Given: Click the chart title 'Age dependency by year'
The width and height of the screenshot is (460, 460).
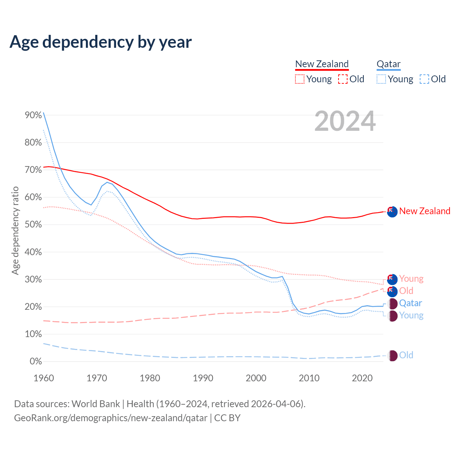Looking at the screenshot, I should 101,42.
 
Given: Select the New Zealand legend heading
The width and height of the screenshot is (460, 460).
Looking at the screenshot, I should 322,64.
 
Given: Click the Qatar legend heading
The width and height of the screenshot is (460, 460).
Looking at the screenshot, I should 388,64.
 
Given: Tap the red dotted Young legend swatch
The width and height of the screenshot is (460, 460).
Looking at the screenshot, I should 300,79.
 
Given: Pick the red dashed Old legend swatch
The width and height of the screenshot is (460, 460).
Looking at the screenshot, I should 343,79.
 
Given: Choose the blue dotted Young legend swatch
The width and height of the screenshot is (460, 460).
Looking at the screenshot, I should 381,79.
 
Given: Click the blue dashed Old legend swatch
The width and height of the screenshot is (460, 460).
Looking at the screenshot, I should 424,79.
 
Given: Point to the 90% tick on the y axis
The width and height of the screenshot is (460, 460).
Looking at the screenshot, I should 33,115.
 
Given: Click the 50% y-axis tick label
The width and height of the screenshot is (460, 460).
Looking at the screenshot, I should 33,225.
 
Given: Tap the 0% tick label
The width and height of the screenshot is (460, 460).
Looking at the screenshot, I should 36,362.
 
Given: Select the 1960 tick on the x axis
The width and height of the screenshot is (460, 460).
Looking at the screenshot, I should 43,378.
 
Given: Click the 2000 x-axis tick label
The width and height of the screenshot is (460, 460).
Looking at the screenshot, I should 256,378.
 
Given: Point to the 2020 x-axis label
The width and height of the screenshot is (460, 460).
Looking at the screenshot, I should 362,378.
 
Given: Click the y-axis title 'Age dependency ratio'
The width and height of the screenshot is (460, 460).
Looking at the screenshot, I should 15,230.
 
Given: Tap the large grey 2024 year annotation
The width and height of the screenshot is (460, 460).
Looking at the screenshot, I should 345,121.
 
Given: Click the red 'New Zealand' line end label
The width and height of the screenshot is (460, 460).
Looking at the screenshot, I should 424,211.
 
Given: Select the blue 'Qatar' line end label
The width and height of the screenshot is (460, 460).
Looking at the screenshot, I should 410,303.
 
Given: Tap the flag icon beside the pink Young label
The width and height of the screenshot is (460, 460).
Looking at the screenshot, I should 392,279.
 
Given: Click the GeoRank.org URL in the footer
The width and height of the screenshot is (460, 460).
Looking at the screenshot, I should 111,418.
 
